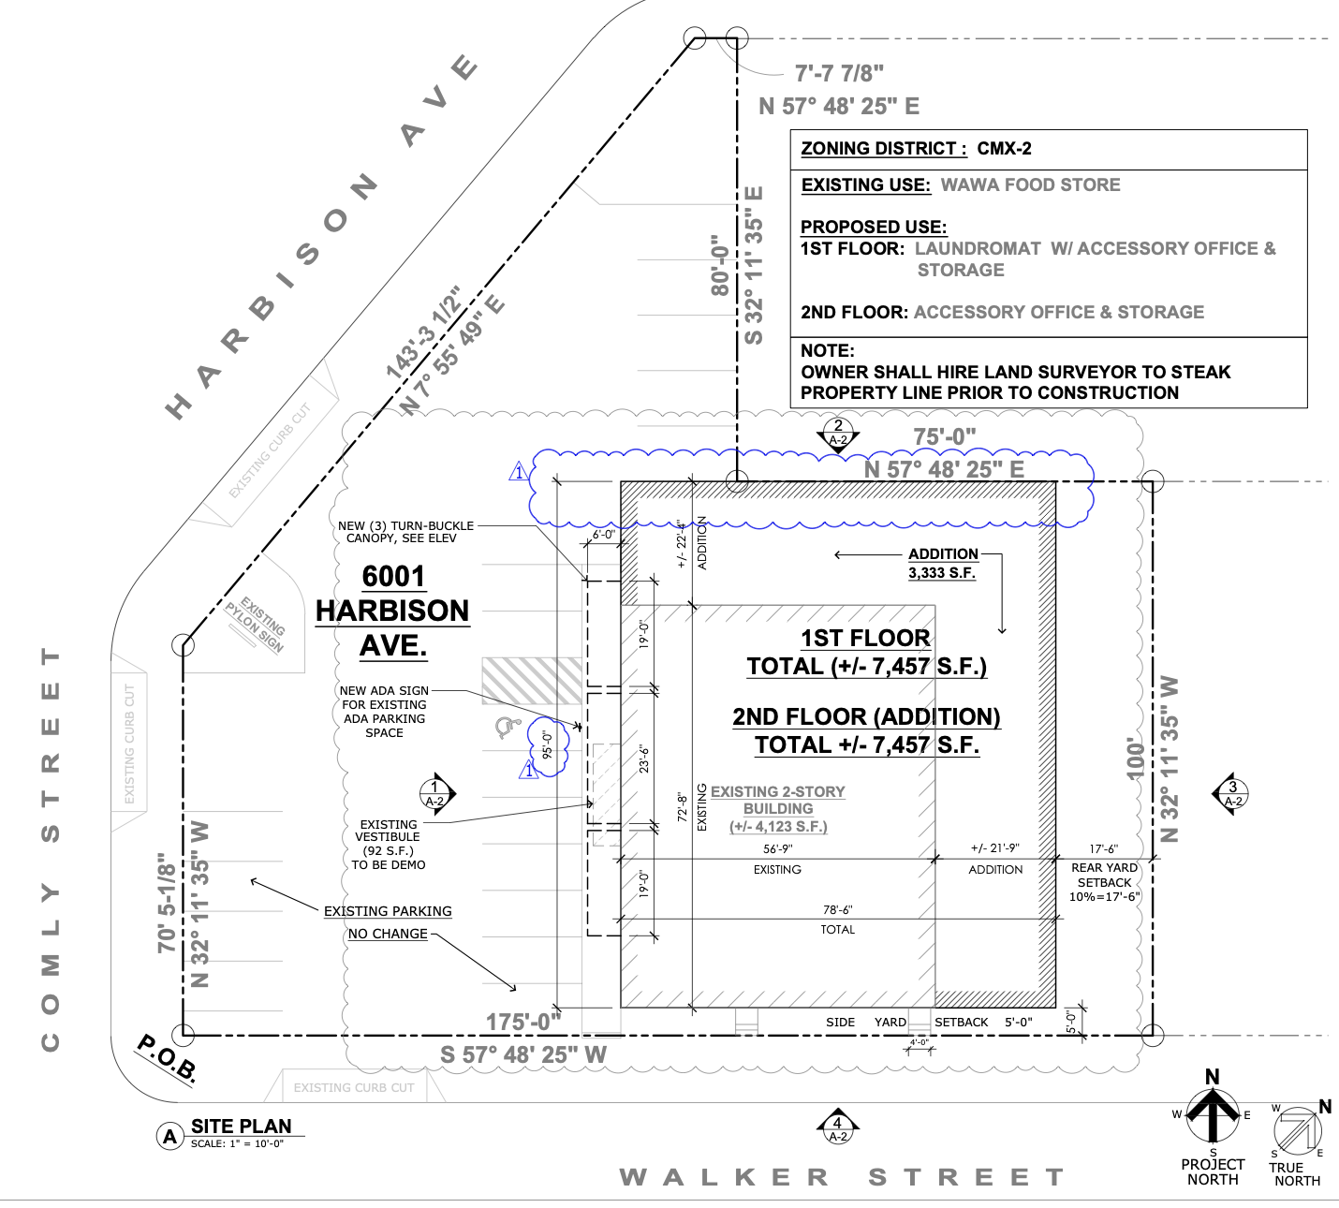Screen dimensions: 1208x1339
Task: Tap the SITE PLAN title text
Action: tap(241, 1126)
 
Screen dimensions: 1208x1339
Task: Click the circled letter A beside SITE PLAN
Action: tap(169, 1137)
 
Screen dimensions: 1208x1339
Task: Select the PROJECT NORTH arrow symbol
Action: tap(1213, 1114)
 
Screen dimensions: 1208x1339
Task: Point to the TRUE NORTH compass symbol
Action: tap(1297, 1130)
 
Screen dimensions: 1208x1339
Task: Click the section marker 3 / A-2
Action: tap(1232, 794)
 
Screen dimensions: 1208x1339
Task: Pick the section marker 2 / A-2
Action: tap(838, 433)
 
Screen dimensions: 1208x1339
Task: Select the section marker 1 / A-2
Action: tap(434, 794)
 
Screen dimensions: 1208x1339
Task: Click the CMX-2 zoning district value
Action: tap(1004, 149)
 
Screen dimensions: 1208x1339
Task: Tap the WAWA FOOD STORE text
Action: tap(1030, 185)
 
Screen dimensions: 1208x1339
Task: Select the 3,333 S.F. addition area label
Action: tap(942, 572)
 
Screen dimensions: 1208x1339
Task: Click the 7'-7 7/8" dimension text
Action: tap(839, 73)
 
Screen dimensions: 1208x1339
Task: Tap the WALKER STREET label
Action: tap(842, 1177)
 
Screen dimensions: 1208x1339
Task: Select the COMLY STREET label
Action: tap(51, 847)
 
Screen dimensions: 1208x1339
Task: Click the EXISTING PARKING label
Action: tap(388, 911)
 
